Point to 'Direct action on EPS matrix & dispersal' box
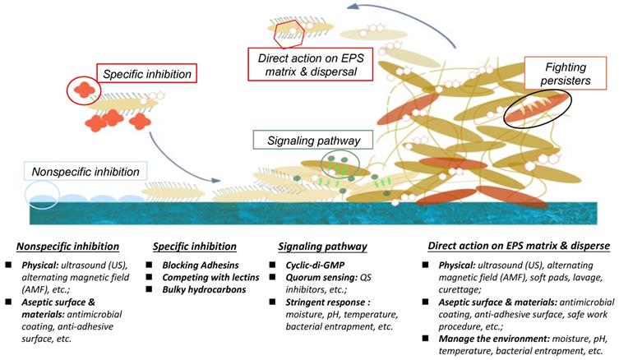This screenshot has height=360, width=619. [x=309, y=62]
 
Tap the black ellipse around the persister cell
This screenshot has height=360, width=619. [x=536, y=109]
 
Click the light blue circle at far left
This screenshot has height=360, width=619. [x=41, y=193]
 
